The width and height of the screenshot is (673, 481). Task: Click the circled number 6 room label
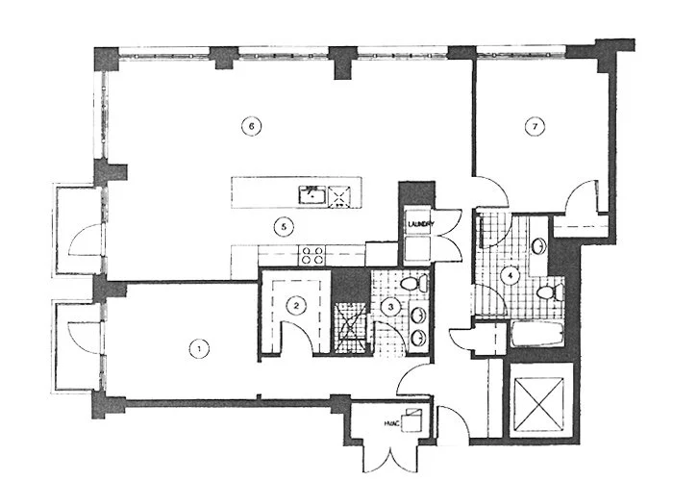click(x=250, y=126)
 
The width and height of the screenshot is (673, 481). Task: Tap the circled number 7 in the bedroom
click(x=530, y=126)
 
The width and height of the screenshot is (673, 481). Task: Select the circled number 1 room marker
click(x=199, y=348)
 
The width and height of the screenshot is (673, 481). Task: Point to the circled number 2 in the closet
click(x=298, y=306)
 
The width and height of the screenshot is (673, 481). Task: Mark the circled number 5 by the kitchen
click(x=282, y=227)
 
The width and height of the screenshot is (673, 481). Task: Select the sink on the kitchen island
click(x=312, y=194)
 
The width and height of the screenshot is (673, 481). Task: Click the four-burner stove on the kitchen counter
click(x=312, y=255)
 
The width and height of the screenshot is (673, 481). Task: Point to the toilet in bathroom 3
click(x=412, y=285)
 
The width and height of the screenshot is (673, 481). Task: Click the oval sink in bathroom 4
click(x=540, y=245)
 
